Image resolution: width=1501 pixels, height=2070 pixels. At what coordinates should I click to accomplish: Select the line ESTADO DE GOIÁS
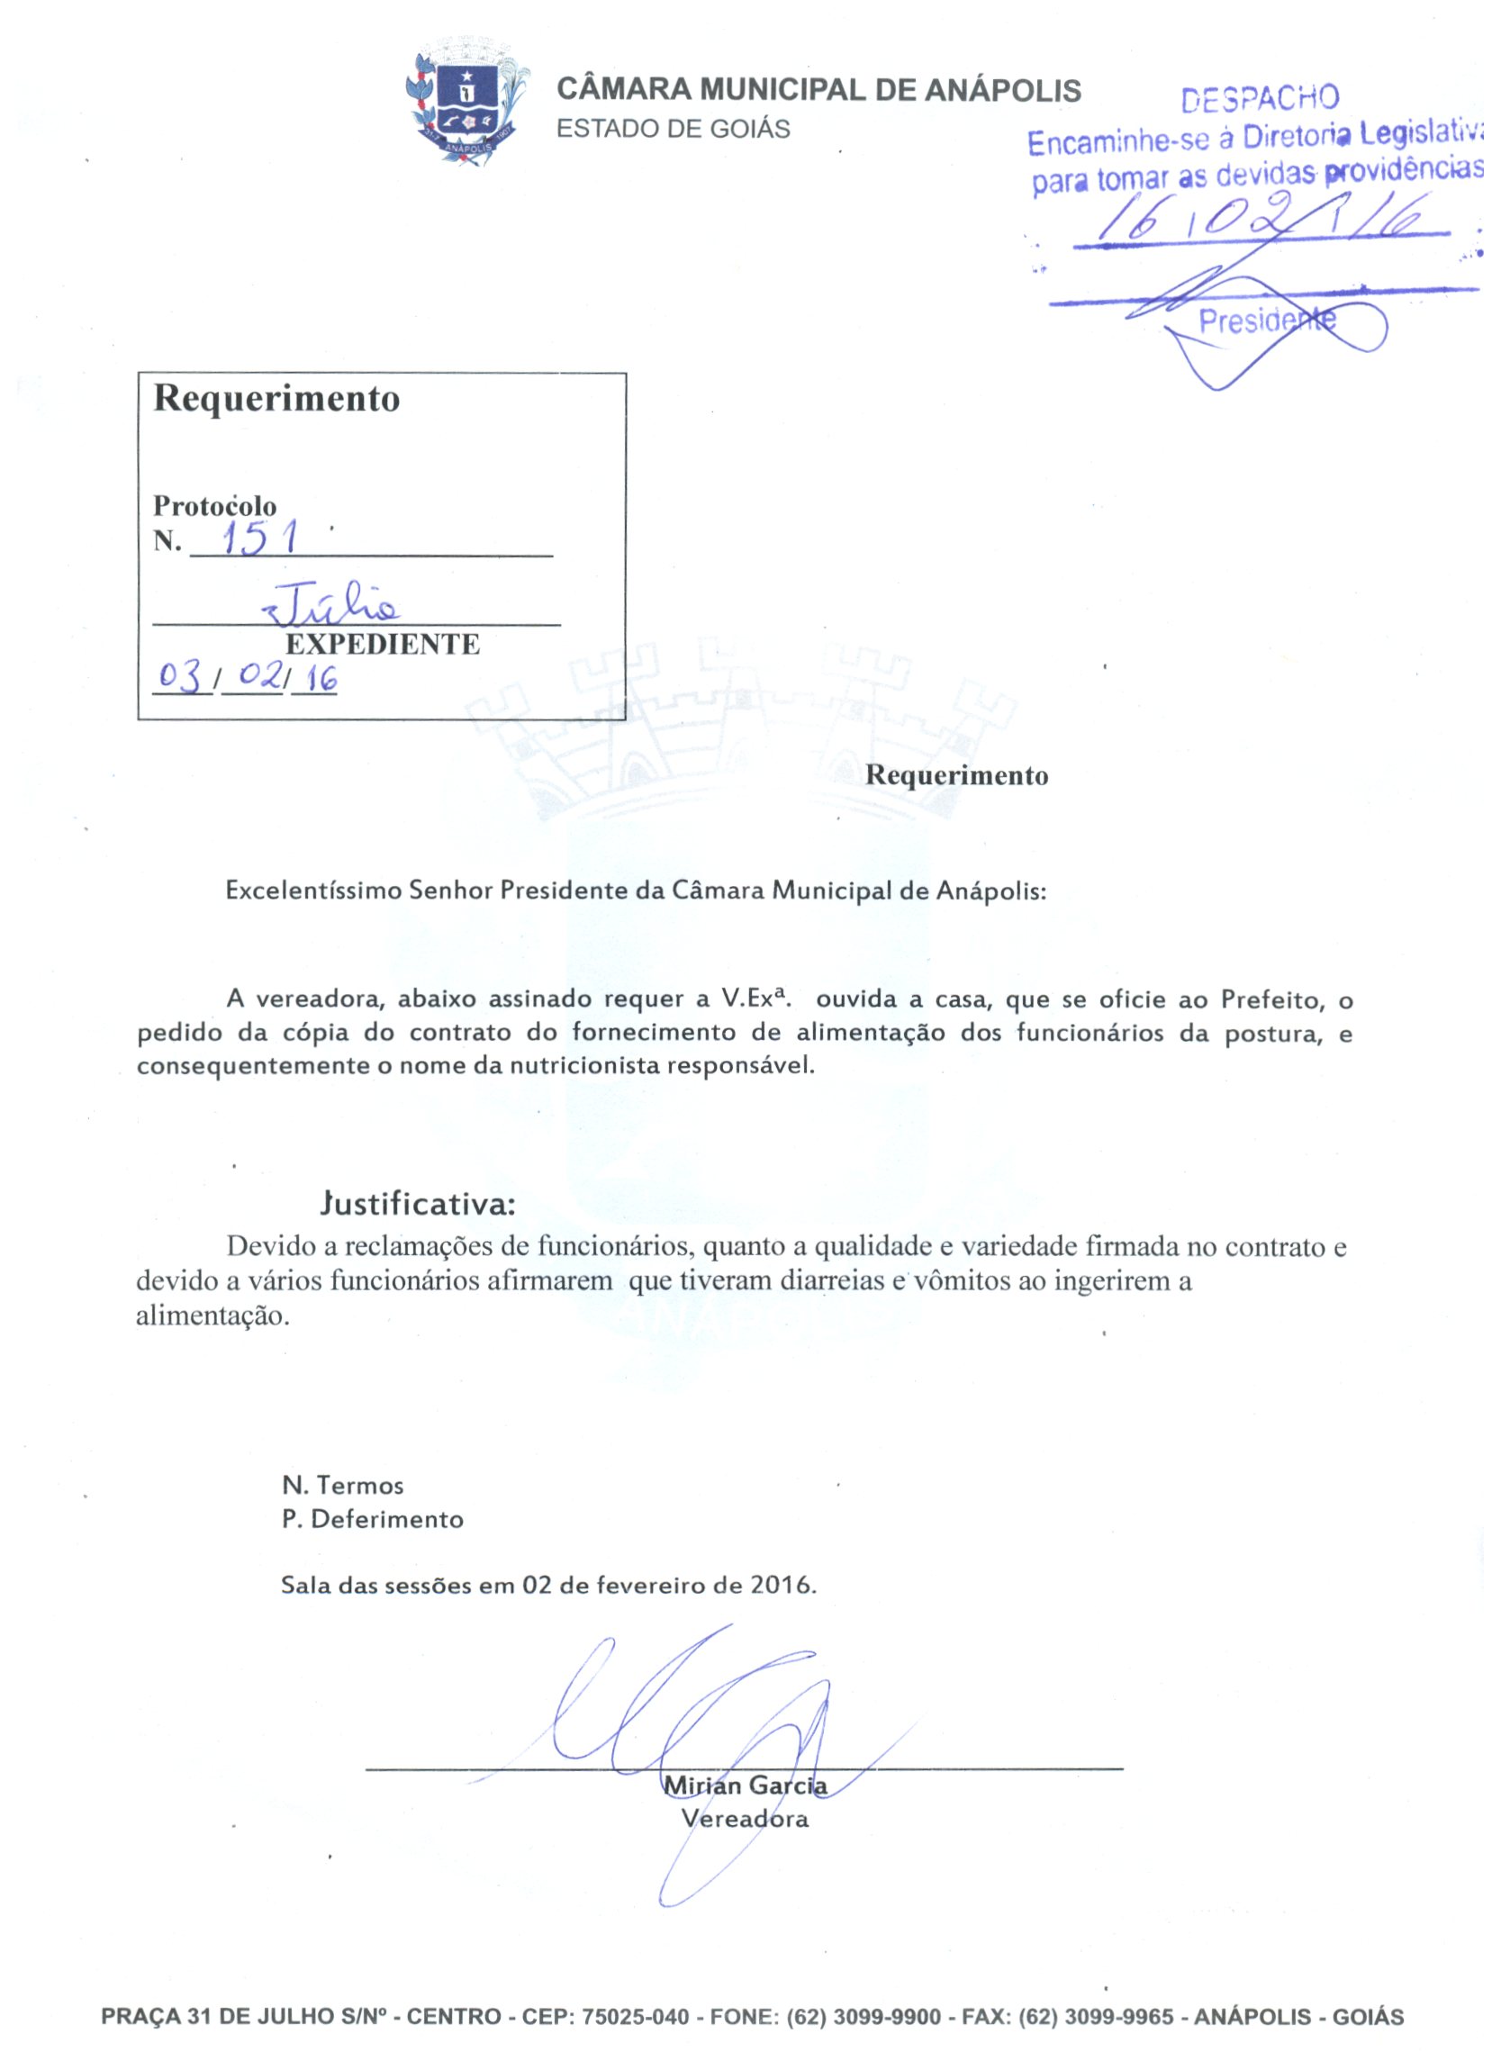pyautogui.click(x=673, y=130)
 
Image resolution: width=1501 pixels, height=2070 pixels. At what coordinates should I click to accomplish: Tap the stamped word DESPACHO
pyautogui.click(x=1259, y=98)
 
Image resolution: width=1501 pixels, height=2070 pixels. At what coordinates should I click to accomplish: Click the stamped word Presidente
pyautogui.click(x=1266, y=321)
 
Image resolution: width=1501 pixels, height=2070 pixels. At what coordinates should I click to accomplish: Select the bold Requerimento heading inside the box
pyautogui.click(x=276, y=399)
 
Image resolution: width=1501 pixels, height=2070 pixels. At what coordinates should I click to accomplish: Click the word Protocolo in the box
pyautogui.click(x=214, y=506)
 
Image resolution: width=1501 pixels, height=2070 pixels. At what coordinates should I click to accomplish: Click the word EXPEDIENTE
pyautogui.click(x=383, y=645)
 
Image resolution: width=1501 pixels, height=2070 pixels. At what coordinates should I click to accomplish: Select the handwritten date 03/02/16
pyautogui.click(x=247, y=678)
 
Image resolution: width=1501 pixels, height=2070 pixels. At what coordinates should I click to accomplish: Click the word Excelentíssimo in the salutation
pyautogui.click(x=313, y=890)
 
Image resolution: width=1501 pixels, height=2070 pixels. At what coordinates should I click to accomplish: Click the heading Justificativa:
pyautogui.click(x=418, y=1205)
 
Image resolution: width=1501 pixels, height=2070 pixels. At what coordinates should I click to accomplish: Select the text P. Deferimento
pyautogui.click(x=372, y=1519)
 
